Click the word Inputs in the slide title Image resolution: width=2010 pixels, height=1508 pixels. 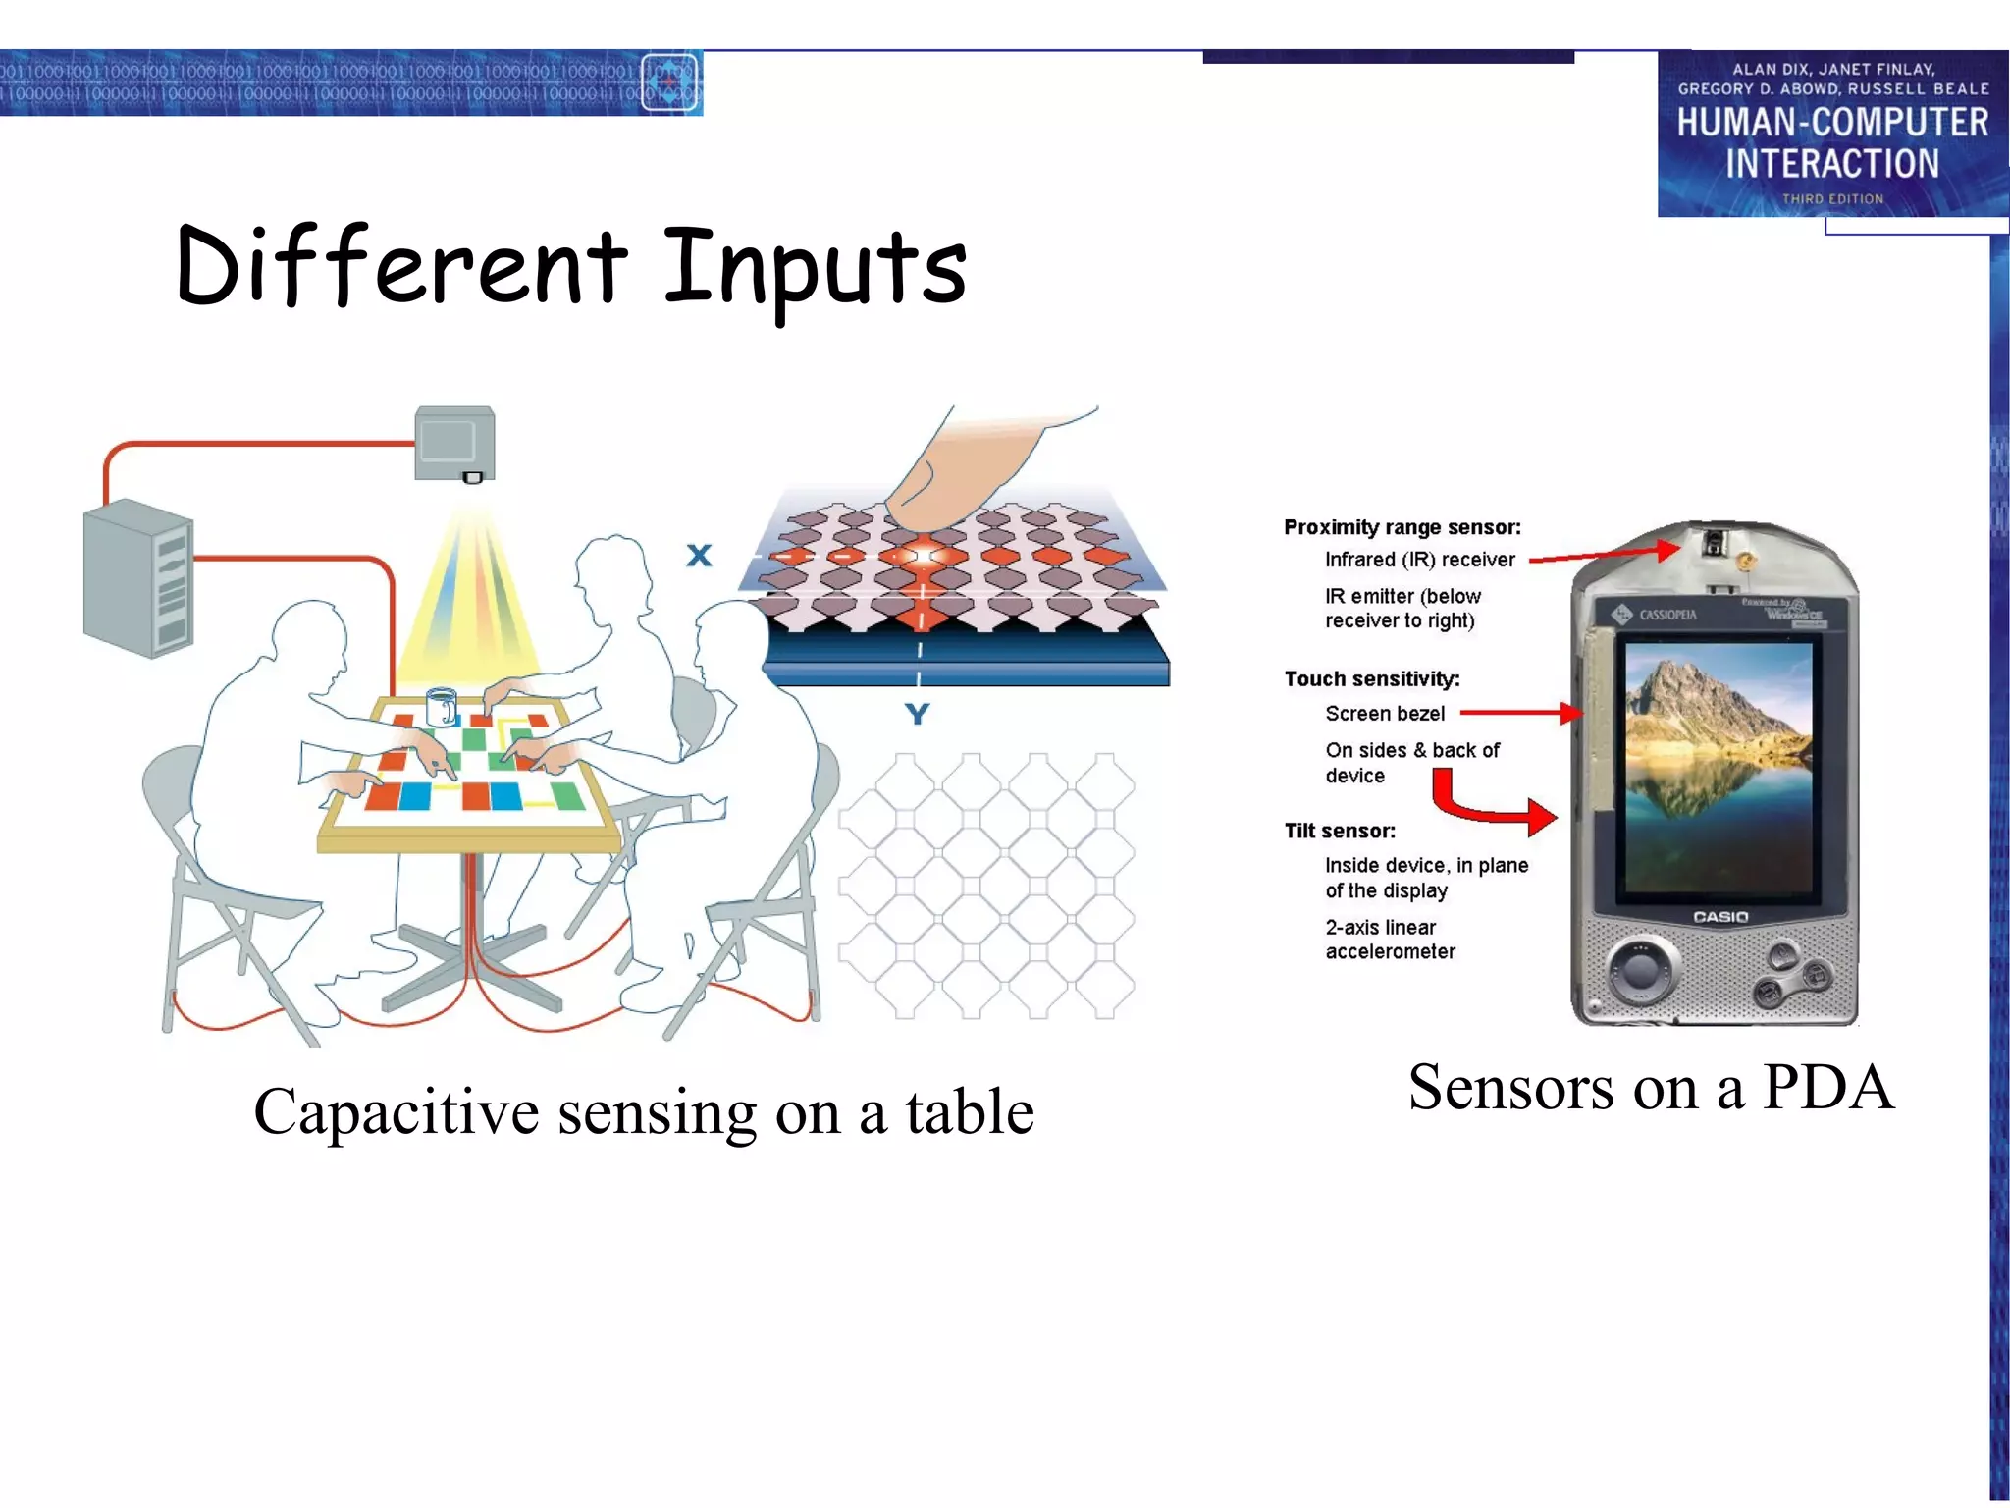pyautogui.click(x=815, y=267)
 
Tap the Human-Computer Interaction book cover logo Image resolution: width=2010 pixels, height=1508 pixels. pyautogui.click(x=1831, y=134)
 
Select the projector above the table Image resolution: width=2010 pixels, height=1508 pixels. pyautogui.click(x=454, y=444)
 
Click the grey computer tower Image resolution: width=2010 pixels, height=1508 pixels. pyautogui.click(x=138, y=579)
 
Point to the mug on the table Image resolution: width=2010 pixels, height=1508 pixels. pyautogui.click(x=441, y=706)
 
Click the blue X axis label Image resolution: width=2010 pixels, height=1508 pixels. pyautogui.click(x=699, y=556)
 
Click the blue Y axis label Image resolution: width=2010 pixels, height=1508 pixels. pyautogui.click(x=917, y=714)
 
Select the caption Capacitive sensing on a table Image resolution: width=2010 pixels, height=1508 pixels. pyautogui.click(x=644, y=1112)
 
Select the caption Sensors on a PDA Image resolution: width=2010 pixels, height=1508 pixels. pyautogui.click(x=1651, y=1088)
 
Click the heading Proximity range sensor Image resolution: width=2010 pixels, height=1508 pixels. pyautogui.click(x=1402, y=528)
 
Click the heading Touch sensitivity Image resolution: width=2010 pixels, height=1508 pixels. pyautogui.click(x=1371, y=679)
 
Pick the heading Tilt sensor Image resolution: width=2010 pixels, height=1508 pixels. pyautogui.click(x=1340, y=832)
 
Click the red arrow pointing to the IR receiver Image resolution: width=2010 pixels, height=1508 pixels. pyautogui.click(x=1604, y=555)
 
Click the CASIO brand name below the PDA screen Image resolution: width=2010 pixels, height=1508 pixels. pyautogui.click(x=1720, y=917)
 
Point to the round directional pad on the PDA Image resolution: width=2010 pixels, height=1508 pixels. pyautogui.click(x=1638, y=970)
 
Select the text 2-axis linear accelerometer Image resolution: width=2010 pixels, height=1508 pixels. pyautogui.click(x=1390, y=940)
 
